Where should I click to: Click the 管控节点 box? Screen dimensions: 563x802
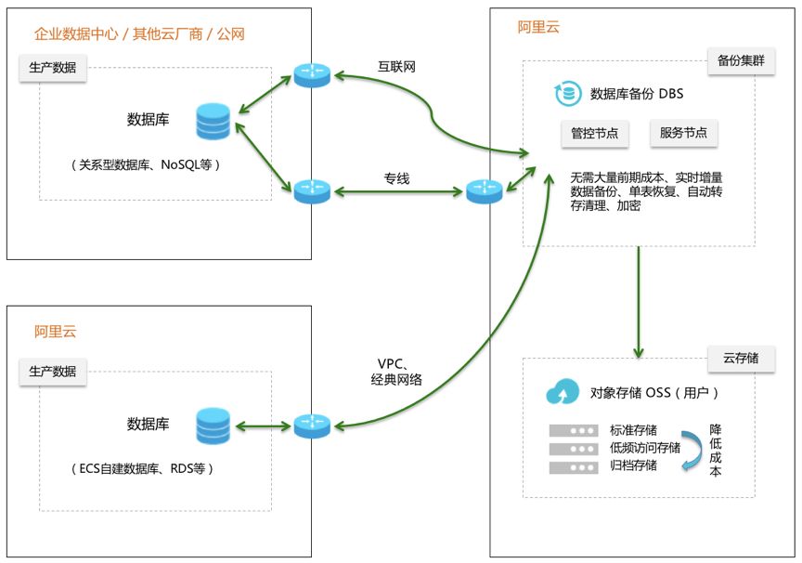click(595, 133)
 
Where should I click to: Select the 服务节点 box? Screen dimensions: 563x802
click(683, 133)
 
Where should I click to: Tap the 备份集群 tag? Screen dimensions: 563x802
click(741, 61)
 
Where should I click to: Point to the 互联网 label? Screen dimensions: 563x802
click(396, 67)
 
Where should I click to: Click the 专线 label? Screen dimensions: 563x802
click(396, 177)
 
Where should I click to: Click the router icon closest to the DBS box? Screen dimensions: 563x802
click(483, 191)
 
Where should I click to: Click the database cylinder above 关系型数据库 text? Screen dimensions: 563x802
click(213, 123)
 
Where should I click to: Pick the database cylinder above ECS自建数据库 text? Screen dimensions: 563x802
click(213, 426)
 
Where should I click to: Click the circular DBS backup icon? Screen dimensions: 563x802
click(566, 94)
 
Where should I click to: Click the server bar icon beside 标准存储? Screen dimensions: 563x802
click(573, 431)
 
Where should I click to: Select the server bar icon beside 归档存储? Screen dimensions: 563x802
click(573, 466)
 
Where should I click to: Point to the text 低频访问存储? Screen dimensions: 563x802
click(644, 448)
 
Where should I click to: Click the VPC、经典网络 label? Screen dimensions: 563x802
click(396, 371)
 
